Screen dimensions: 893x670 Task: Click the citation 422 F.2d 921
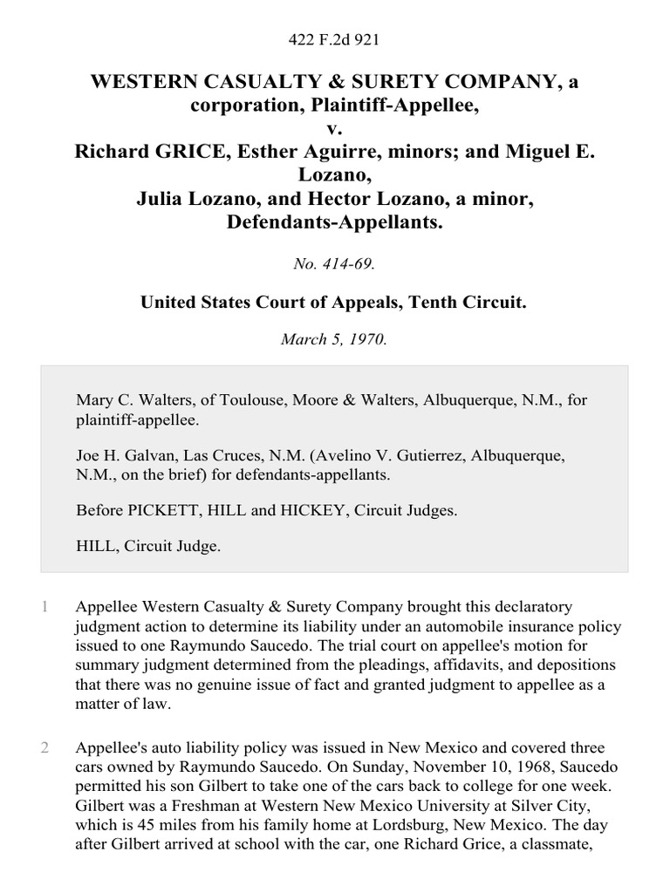334,39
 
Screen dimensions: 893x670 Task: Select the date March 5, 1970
334,340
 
